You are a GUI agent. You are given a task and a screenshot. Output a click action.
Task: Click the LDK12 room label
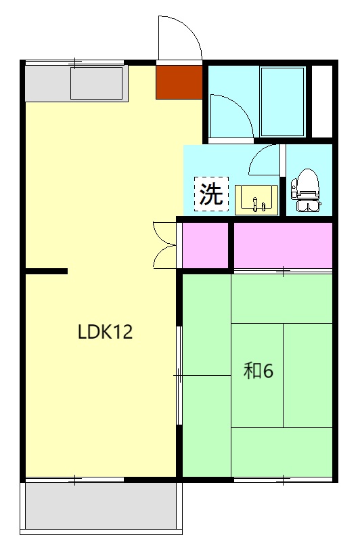[105, 332]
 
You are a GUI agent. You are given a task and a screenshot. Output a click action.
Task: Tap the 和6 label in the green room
[258, 370]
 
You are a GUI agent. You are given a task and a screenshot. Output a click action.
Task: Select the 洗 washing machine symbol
[211, 194]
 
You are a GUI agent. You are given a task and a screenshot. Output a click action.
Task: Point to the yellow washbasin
[256, 199]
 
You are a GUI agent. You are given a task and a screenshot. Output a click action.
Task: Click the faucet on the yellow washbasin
[255, 203]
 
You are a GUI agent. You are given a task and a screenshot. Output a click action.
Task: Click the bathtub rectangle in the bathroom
[283, 102]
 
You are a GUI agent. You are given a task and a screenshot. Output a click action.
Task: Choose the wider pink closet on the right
[283, 244]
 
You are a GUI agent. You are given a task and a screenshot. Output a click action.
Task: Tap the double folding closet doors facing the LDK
[165, 244]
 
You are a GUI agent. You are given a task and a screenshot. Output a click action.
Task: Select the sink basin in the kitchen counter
[96, 83]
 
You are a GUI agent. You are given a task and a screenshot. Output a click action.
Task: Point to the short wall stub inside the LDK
[46, 272]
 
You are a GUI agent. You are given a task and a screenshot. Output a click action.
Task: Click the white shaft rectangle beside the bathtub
[322, 102]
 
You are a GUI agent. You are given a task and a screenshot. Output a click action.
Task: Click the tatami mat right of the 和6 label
[308, 375]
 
